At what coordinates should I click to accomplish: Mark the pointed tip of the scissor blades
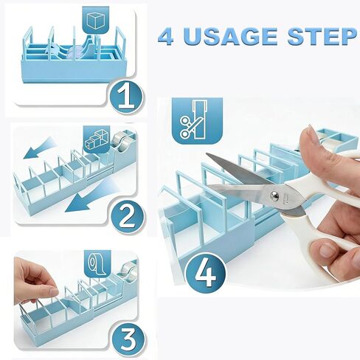[209, 156]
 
